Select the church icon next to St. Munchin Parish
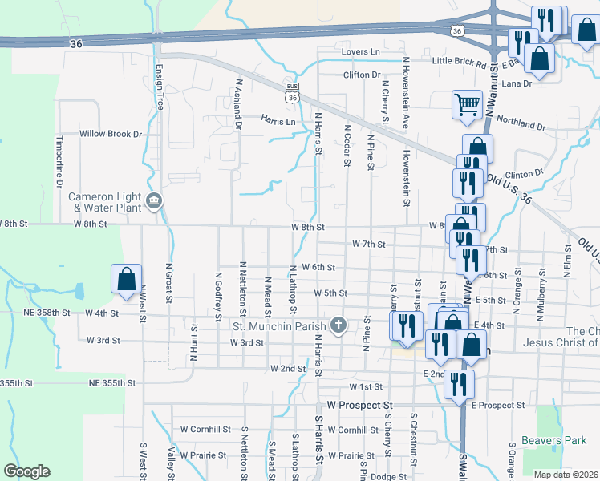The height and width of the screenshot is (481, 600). coord(339,325)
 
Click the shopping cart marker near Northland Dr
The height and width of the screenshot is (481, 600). coord(467,104)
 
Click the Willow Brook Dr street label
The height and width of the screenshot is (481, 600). coord(110,134)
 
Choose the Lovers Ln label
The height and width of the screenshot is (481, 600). coord(360,51)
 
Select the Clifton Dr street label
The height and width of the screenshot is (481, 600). coord(361,75)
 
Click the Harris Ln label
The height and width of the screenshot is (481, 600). coord(278,120)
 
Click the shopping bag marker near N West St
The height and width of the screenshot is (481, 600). coord(127,279)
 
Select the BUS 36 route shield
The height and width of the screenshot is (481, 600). coord(292,92)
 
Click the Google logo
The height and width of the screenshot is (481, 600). coord(26,471)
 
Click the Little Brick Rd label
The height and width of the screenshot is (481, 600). coord(460,61)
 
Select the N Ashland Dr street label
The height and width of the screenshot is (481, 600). coord(238,104)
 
